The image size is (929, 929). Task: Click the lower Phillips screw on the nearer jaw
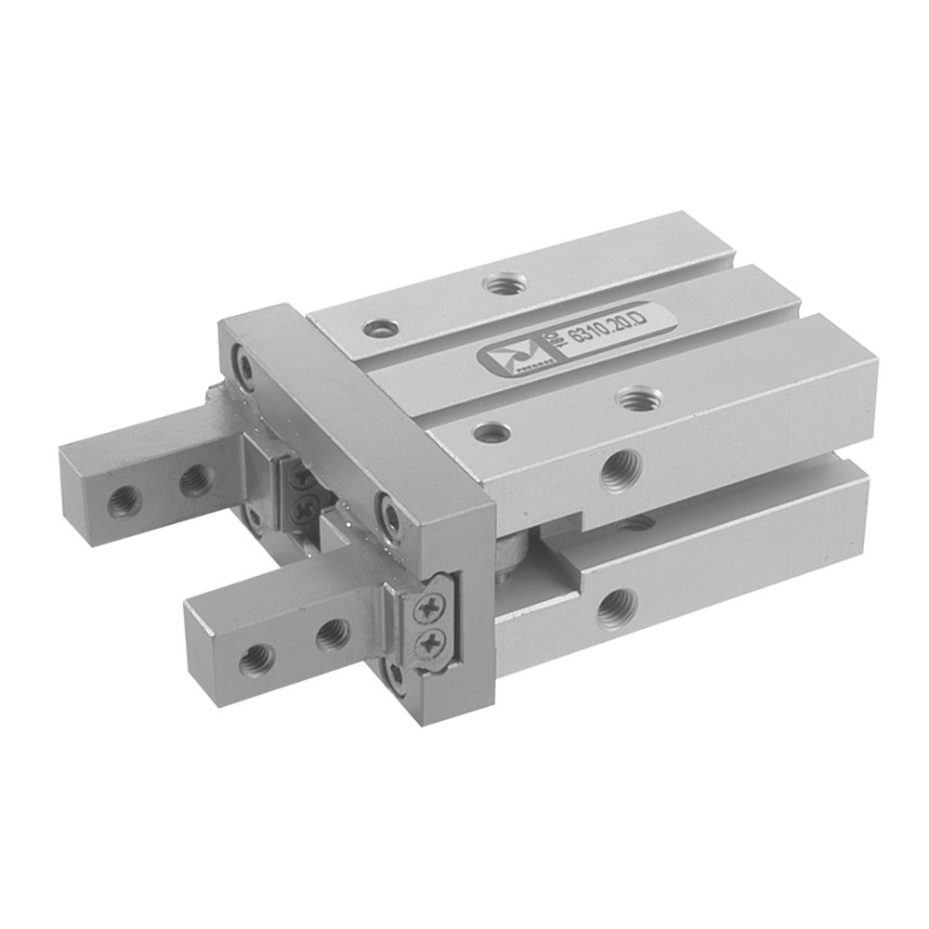pyautogui.click(x=429, y=643)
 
